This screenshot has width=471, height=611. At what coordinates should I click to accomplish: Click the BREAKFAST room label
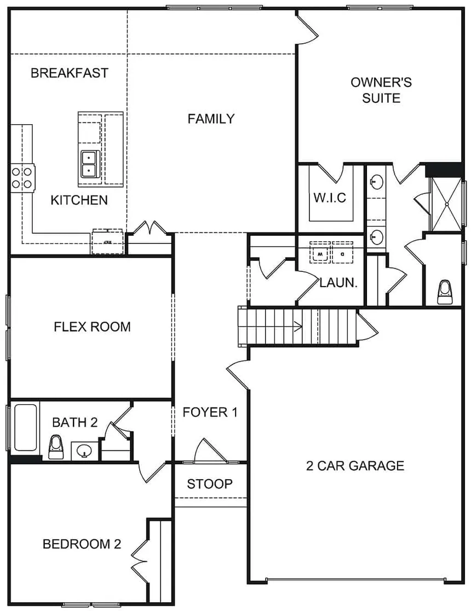(69, 73)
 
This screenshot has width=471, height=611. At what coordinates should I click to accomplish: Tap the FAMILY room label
(211, 119)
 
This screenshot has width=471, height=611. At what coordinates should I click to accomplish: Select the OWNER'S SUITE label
(381, 90)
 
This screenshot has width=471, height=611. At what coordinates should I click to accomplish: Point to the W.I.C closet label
(330, 197)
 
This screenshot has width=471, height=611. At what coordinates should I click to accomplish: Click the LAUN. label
(338, 283)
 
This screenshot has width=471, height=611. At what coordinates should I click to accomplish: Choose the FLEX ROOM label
(92, 327)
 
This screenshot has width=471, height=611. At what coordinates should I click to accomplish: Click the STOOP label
(209, 484)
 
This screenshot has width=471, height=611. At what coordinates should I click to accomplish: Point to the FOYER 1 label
(210, 412)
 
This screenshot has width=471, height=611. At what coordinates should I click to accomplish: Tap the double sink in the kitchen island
(89, 164)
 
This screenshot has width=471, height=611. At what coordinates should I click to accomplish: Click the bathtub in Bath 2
(25, 427)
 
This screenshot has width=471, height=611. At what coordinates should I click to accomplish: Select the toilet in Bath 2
(56, 446)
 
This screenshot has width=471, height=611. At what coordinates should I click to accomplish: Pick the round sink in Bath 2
(84, 451)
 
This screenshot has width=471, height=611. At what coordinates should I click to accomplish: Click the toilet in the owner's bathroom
(445, 293)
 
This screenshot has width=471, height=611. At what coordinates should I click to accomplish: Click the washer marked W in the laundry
(321, 254)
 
